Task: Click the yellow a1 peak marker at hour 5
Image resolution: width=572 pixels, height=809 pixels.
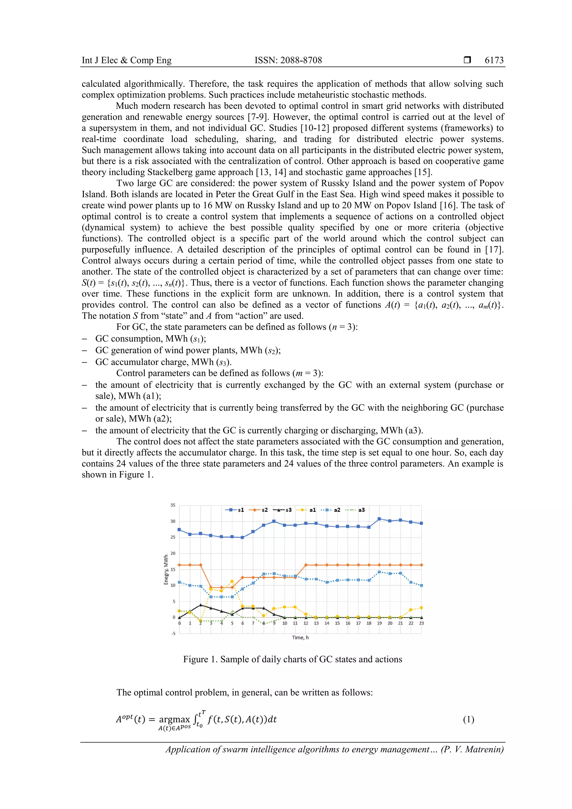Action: [x=232, y=581]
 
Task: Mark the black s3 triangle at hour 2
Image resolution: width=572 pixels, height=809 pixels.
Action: [x=201, y=605]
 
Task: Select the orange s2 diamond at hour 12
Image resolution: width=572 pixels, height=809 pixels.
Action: [x=306, y=565]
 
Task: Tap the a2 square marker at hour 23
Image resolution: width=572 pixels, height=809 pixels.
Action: [x=421, y=585]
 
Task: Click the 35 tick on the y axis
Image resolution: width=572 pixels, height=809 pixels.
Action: [x=173, y=505]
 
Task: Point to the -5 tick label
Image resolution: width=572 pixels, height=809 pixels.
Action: [x=173, y=634]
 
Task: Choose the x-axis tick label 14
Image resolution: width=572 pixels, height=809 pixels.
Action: [x=327, y=623]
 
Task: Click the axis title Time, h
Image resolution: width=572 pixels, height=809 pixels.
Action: [x=300, y=638]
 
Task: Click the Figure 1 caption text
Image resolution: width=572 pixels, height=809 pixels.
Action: [x=292, y=659]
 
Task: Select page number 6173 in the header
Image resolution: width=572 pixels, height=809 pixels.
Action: [x=494, y=60]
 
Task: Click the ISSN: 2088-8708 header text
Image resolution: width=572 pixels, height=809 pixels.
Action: [x=288, y=60]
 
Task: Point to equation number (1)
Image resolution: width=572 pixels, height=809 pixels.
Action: [x=468, y=720]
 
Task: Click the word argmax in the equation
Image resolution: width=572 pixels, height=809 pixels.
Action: [x=174, y=720]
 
